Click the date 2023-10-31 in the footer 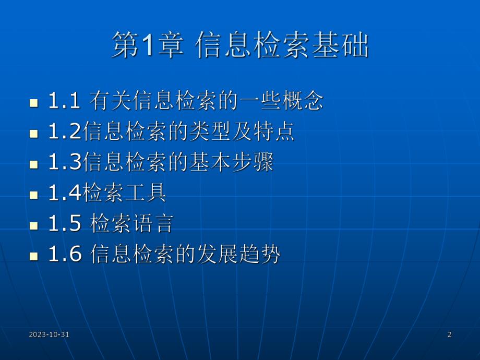(50, 334)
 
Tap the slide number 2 (449, 334)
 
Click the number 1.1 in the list (64, 101)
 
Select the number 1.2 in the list (64, 132)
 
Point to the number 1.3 (64, 163)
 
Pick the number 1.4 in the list (64, 194)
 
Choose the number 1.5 (64, 224)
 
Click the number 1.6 (64, 255)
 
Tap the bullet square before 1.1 (34, 102)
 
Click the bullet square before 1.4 (34, 195)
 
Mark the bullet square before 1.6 (34, 256)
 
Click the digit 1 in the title (148, 45)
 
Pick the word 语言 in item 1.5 (154, 224)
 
